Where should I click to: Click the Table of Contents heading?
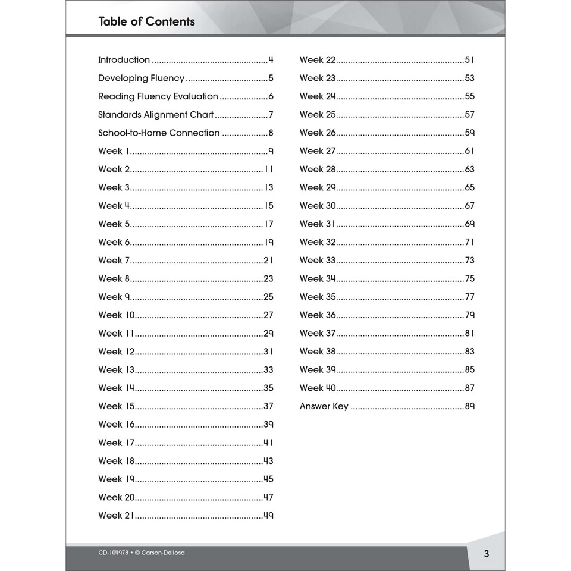[146, 22]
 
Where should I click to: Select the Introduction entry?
[124, 60]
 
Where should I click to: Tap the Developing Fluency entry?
[142, 79]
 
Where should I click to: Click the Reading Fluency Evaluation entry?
[158, 96]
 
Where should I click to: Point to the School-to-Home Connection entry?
[159, 133]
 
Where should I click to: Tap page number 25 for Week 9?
[268, 297]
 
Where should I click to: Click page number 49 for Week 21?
[268, 516]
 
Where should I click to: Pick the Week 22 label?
[318, 60]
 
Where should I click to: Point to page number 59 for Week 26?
[469, 133]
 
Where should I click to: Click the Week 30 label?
[318, 206]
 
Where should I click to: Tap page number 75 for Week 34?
[469, 279]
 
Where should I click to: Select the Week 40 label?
[318, 388]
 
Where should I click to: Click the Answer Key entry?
[324, 407]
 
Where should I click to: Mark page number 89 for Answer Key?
[469, 407]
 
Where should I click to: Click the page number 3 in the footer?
[486, 554]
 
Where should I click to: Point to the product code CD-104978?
[113, 553]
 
